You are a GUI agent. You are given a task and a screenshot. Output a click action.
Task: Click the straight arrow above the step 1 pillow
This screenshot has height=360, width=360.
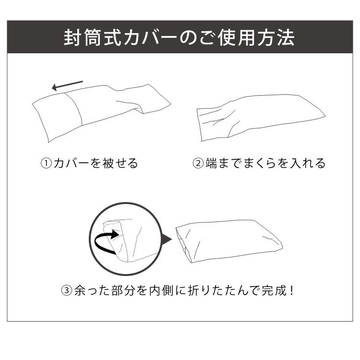click(68, 86)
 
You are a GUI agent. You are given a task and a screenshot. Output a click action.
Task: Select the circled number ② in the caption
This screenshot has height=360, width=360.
click(198, 164)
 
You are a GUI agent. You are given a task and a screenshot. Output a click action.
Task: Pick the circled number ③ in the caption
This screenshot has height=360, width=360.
click(67, 290)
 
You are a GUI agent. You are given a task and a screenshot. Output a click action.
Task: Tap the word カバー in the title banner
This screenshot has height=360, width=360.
click(142, 37)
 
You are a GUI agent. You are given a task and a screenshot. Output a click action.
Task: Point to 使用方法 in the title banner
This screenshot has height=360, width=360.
click(259, 37)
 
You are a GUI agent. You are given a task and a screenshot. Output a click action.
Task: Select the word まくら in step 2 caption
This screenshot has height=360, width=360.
click(260, 164)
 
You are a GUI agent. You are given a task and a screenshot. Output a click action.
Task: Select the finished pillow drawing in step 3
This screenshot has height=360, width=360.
click(228, 240)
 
